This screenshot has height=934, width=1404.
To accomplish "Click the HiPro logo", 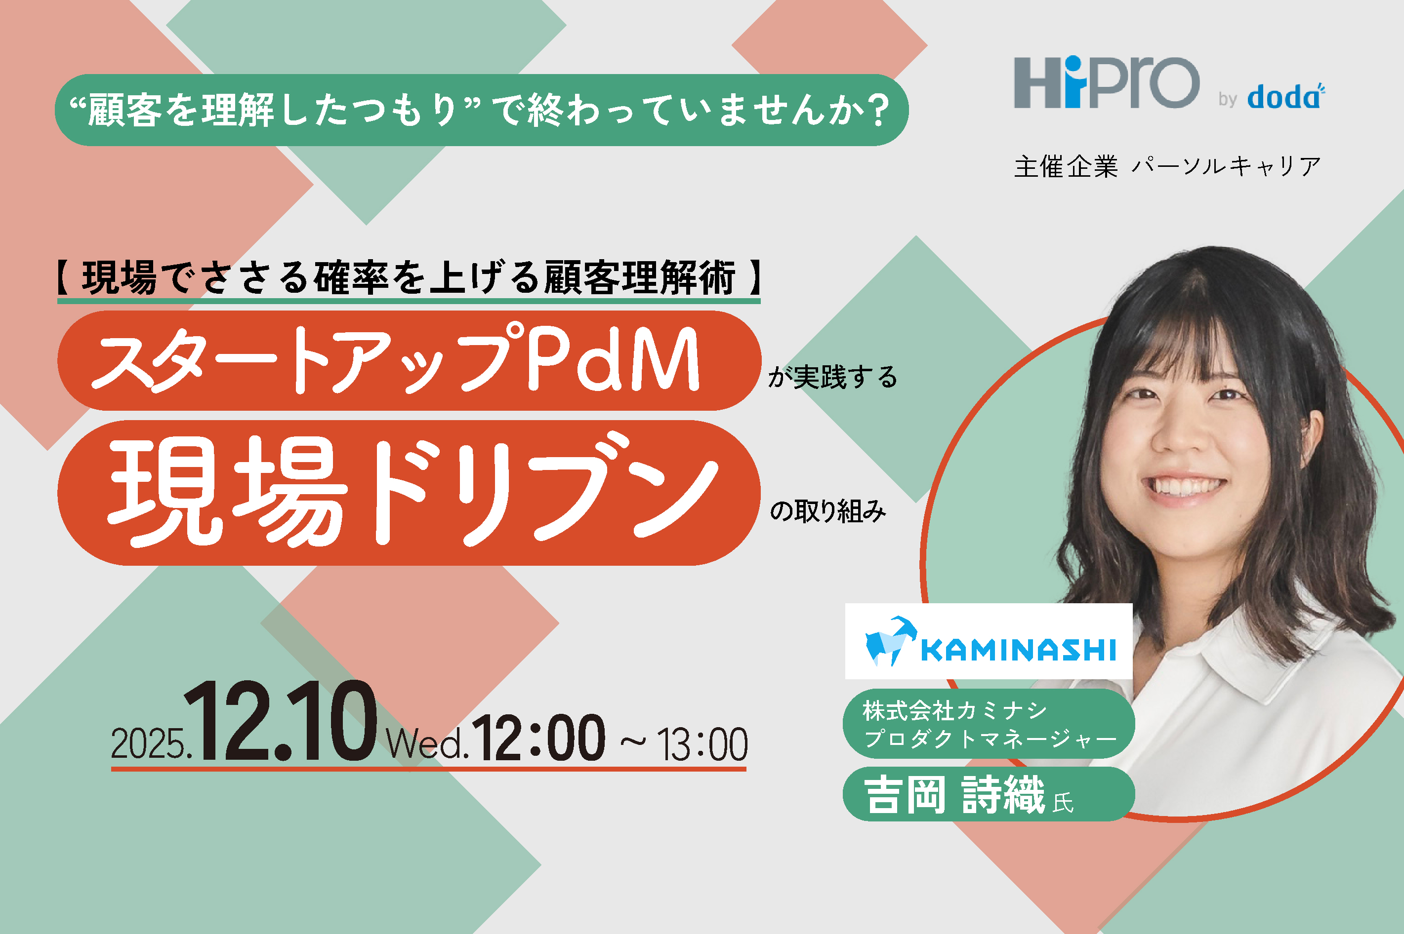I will [1106, 82].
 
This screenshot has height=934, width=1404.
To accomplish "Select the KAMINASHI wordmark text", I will [1018, 650].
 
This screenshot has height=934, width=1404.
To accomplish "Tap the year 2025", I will [150, 744].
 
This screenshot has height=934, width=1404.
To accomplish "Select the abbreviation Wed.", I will [426, 744].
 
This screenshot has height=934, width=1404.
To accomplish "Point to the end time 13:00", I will [702, 744].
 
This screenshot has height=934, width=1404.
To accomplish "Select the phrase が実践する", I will [832, 377].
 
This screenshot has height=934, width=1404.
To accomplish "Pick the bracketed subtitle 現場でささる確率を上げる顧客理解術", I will [409, 277].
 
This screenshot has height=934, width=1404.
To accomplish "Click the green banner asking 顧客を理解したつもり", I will [482, 110].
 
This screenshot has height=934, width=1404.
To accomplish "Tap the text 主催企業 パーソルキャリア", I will [1167, 166].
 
